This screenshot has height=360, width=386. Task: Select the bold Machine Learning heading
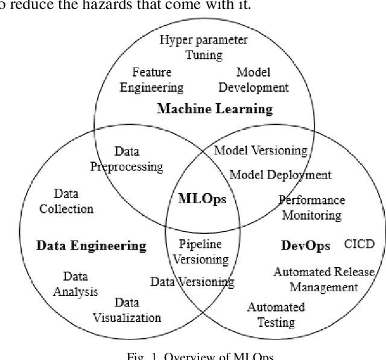tap(215, 109)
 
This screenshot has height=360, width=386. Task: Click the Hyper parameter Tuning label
tap(203, 48)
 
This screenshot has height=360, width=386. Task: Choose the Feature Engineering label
tap(151, 80)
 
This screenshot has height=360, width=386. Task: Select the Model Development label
tap(253, 80)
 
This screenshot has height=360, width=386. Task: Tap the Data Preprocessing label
tap(127, 159)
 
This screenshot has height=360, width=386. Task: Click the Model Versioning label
tap(261, 151)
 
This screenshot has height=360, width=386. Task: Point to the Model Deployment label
tap(280, 175)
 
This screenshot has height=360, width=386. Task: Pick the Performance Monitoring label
tap(312, 207)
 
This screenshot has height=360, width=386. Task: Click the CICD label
tap(359, 244)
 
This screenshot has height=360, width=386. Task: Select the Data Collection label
tap(66, 201)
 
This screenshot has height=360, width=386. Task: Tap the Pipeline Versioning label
tap(201, 252)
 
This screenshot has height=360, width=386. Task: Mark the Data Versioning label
tap(192, 281)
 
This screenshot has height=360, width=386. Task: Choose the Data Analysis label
tap(75, 284)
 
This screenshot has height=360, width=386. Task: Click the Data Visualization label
tap(127, 310)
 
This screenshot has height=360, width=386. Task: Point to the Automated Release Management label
tap(324, 279)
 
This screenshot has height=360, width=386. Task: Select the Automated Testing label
tap(276, 314)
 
